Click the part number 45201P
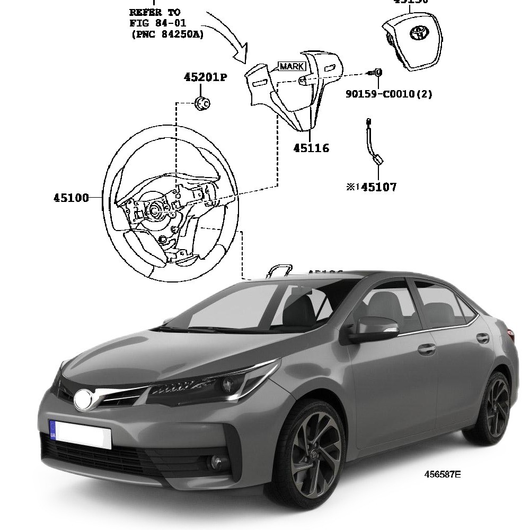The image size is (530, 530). [x=206, y=77]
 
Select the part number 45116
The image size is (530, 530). [x=311, y=148]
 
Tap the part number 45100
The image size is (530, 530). [x=71, y=198]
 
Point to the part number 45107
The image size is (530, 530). [x=378, y=187]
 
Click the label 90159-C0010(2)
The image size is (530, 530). [x=389, y=94]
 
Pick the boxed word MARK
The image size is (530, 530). [x=292, y=66]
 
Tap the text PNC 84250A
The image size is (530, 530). [x=167, y=34]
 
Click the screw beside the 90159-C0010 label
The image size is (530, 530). [x=377, y=73]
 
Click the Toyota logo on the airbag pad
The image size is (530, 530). [x=418, y=33]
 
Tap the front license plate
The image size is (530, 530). [x=81, y=434]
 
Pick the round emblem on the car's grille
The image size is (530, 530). [x=83, y=400]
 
